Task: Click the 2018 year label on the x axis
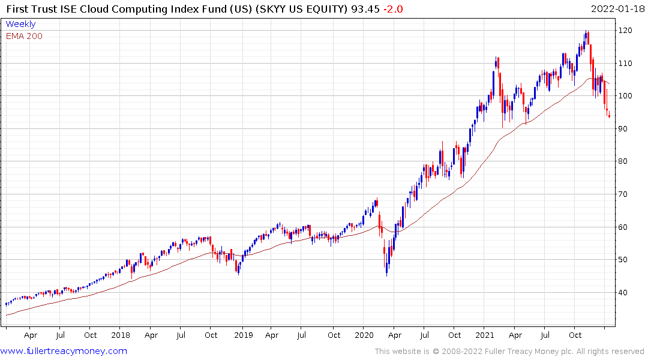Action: pyautogui.click(x=120, y=335)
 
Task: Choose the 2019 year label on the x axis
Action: pyautogui.click(x=242, y=335)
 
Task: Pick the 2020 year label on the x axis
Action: pyautogui.click(x=364, y=335)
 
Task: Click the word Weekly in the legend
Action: pyautogui.click(x=20, y=24)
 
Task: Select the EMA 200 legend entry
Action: pyautogui.click(x=24, y=36)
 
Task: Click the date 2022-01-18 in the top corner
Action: pyautogui.click(x=616, y=8)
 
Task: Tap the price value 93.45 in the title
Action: pyautogui.click(x=366, y=8)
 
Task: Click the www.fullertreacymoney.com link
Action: pyautogui.click(x=64, y=351)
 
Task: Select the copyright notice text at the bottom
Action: pyautogui.click(x=509, y=352)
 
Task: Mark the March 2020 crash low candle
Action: pyautogui.click(x=386, y=273)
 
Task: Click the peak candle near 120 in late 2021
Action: pyautogui.click(x=586, y=34)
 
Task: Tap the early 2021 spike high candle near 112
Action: pyautogui.click(x=497, y=60)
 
